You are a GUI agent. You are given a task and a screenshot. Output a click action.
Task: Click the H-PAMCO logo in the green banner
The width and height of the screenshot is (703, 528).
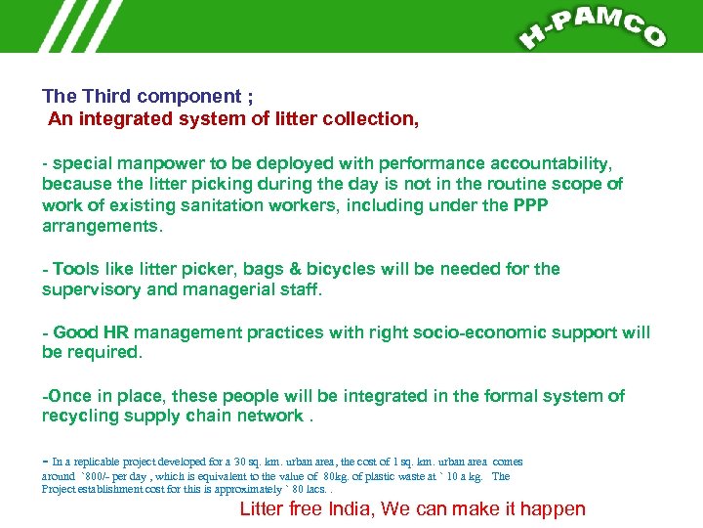click(x=593, y=27)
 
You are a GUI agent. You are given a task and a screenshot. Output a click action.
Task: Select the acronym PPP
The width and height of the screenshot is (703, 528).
click(x=532, y=205)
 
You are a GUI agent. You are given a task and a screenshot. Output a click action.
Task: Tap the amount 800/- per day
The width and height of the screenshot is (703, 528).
click(x=115, y=476)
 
